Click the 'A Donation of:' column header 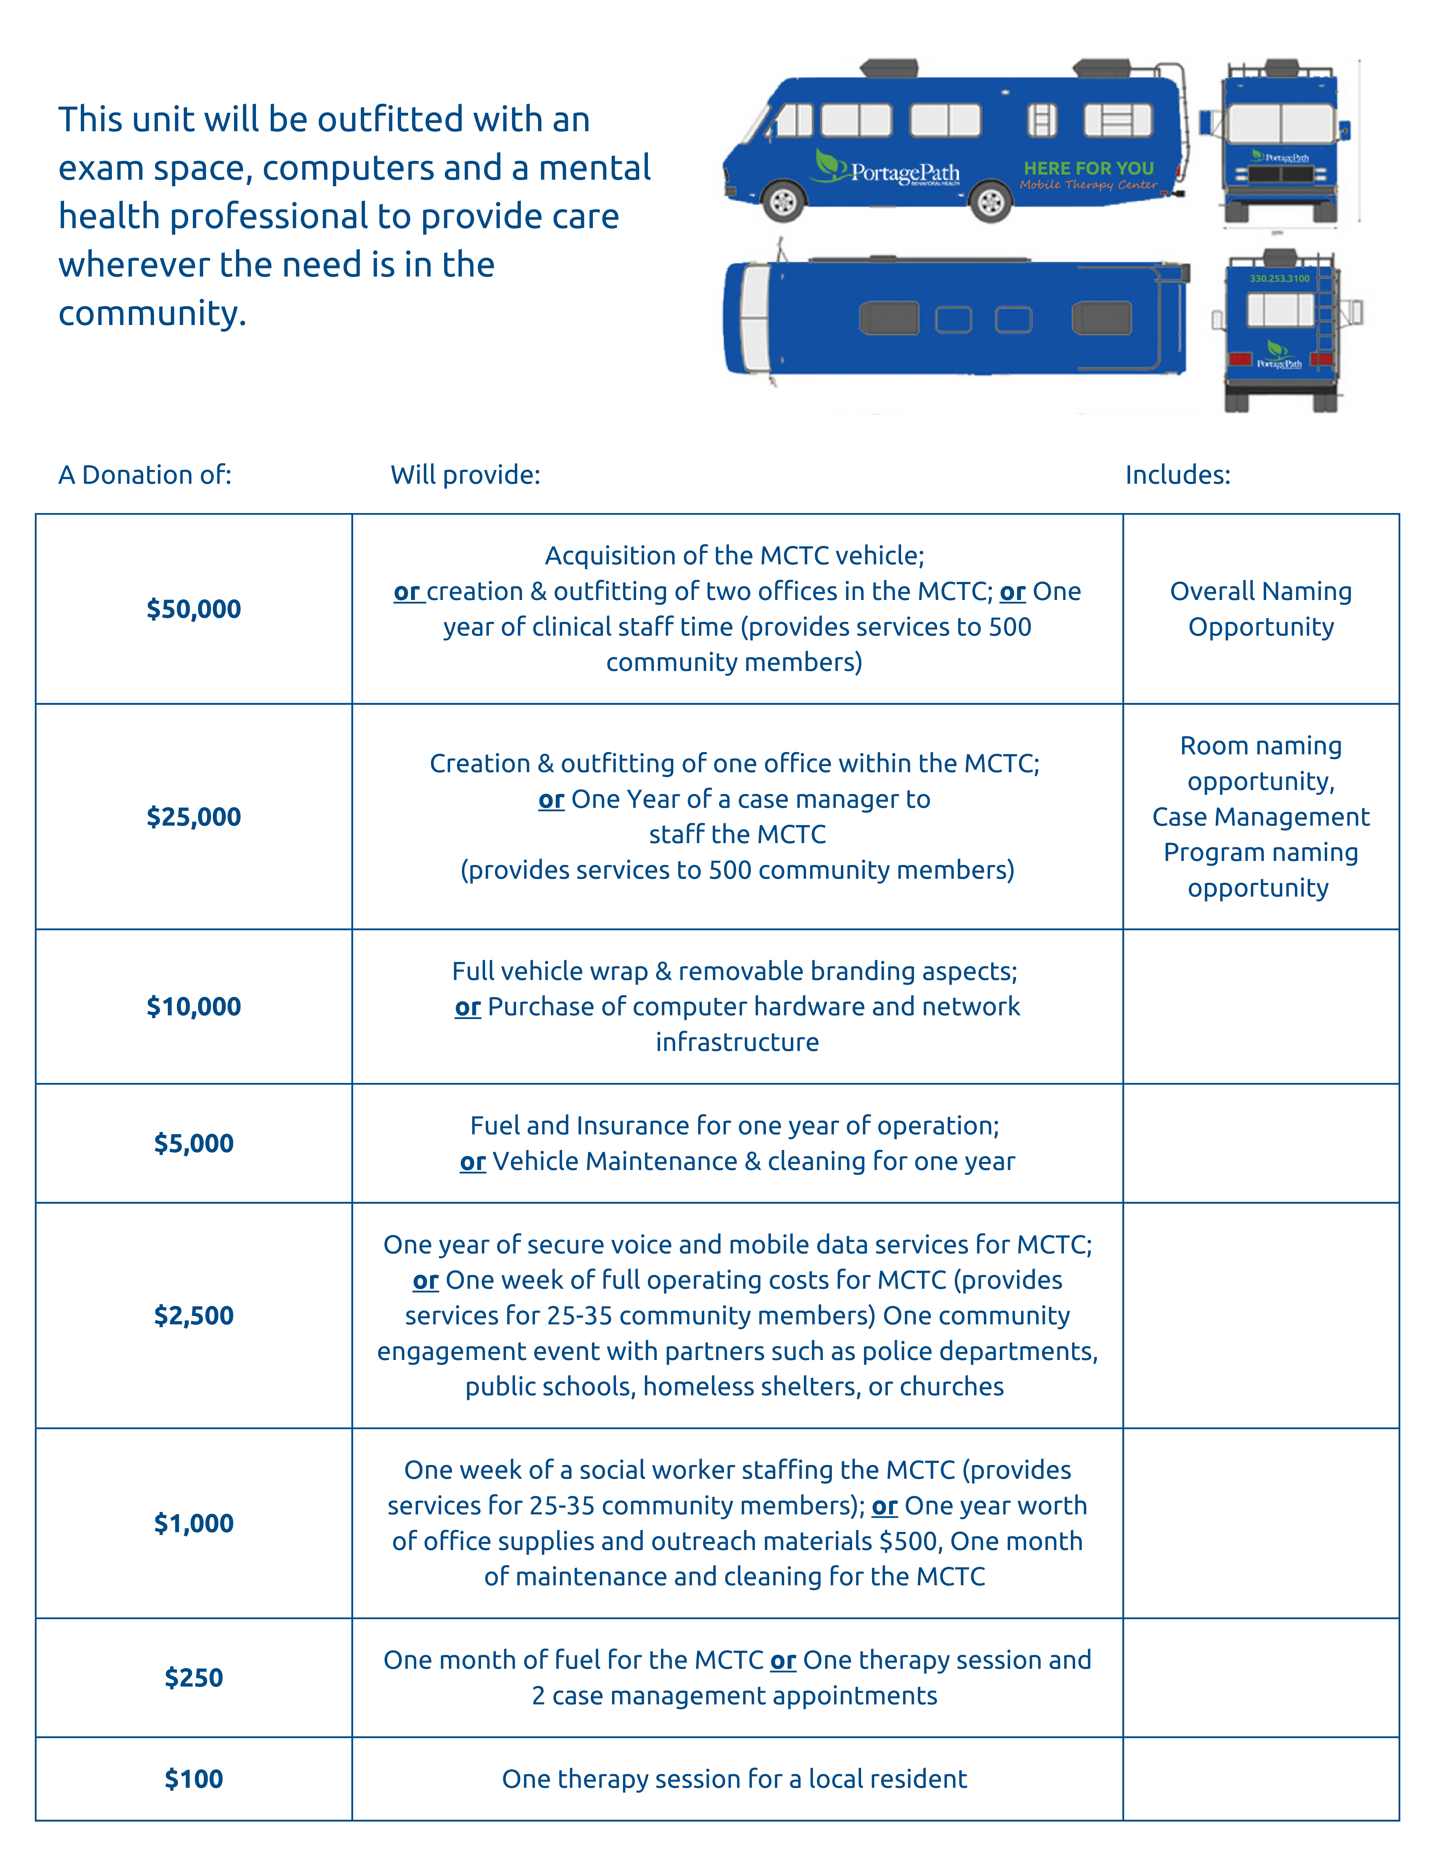[145, 475]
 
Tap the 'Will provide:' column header [465, 475]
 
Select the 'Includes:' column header [1178, 475]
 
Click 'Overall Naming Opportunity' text [1260, 609]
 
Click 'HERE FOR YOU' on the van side [1088, 168]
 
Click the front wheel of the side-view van [783, 202]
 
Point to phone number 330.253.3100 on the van [1279, 278]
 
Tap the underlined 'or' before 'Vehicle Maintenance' [472, 1162]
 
